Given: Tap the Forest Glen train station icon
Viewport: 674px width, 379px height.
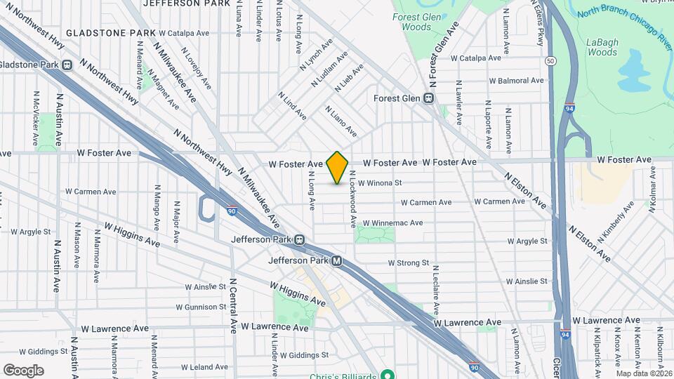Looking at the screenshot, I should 427,99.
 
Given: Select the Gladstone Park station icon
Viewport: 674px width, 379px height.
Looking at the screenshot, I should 67,65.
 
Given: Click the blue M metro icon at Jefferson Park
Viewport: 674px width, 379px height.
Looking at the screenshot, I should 337,261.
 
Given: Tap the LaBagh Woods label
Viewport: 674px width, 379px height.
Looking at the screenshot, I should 602,46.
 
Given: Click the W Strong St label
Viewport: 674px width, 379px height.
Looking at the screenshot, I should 408,263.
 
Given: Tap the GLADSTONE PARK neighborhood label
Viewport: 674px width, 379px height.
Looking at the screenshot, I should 110,33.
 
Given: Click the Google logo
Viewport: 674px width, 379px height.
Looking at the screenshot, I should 23,371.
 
